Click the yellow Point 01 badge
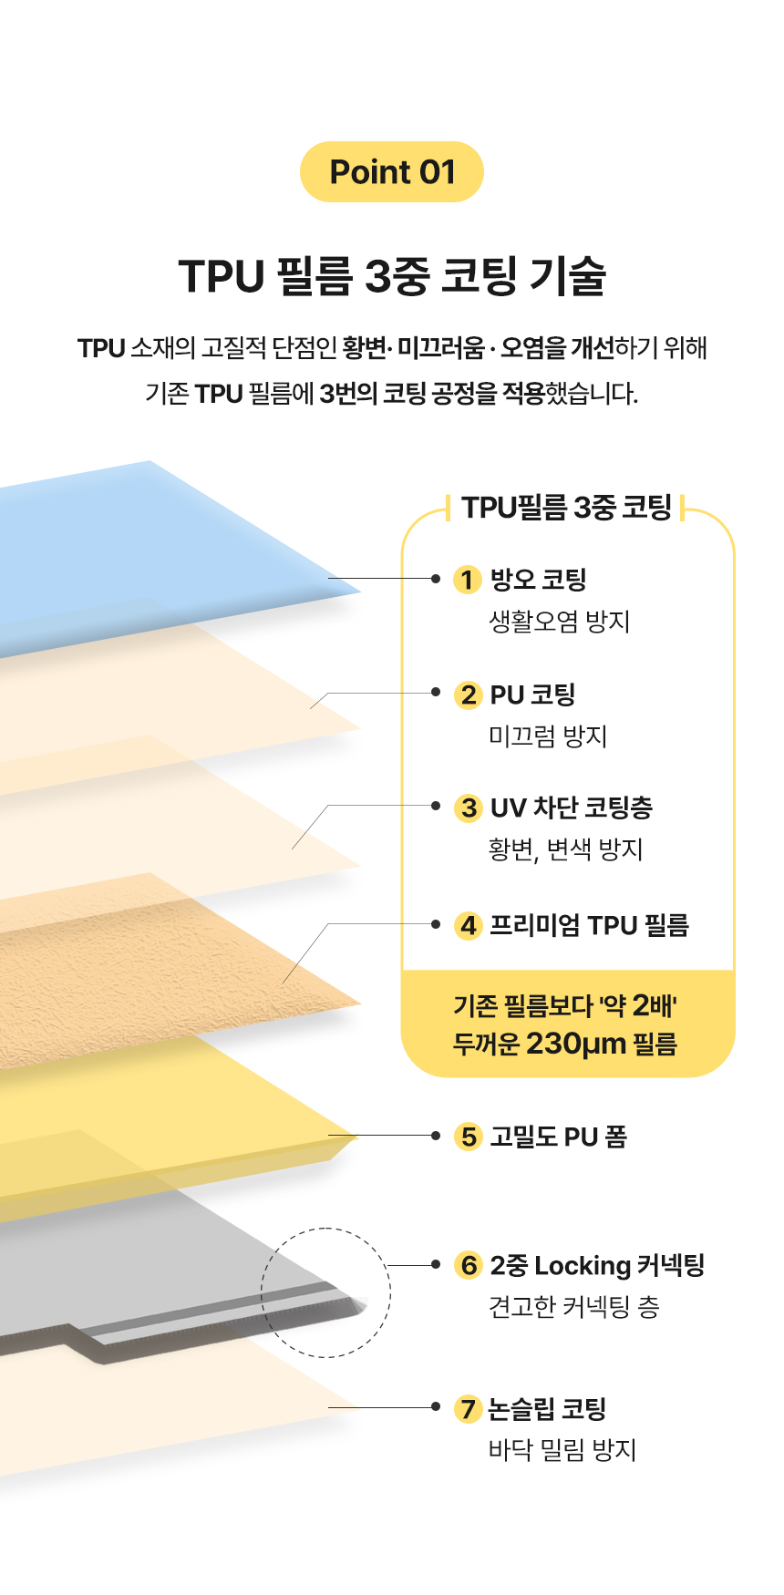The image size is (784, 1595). [x=392, y=171]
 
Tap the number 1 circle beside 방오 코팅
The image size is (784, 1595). [x=468, y=580]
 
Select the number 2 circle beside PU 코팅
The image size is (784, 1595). [x=469, y=695]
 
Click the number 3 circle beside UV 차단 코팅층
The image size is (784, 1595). [x=469, y=808]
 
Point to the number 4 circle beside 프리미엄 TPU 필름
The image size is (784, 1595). [x=469, y=925]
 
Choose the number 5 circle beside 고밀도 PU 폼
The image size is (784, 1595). [x=469, y=1137]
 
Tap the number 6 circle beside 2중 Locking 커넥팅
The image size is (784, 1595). [x=469, y=1265]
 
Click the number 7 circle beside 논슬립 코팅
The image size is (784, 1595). [x=468, y=1408]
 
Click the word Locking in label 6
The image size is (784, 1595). [x=583, y=1265]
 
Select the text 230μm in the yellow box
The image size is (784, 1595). [x=576, y=1043]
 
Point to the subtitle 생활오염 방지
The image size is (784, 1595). [x=560, y=622]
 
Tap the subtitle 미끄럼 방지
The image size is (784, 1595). [x=548, y=736]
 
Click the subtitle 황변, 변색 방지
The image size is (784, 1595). [x=565, y=849]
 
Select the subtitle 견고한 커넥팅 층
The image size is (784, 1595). [x=573, y=1307]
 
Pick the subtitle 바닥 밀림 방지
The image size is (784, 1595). [x=562, y=1450]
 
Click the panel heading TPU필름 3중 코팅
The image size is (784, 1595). [x=566, y=508]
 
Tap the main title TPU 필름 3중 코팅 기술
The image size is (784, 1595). [x=392, y=275]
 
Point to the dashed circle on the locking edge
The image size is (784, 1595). [x=325, y=1292]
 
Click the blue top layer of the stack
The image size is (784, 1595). [x=137, y=547]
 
